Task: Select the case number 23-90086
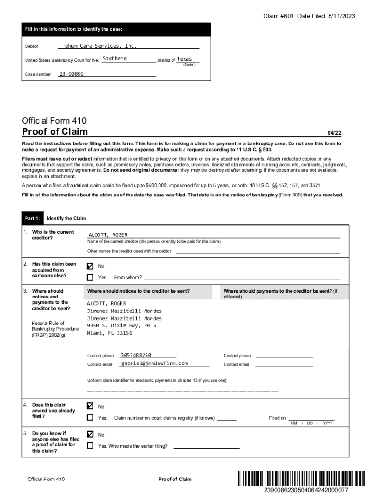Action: point(71,74)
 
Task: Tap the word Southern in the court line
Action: point(115,58)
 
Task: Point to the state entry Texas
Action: point(185,59)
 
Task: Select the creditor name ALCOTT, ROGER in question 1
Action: point(108,235)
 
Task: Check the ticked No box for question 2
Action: point(90,266)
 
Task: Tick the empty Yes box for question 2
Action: point(90,277)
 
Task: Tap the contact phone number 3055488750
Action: point(136,355)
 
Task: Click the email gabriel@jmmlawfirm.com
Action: point(155,363)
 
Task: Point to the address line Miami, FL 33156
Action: point(109,333)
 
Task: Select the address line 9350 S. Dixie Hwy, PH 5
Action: point(121,325)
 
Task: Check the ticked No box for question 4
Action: point(90,406)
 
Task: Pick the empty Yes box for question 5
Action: point(90,446)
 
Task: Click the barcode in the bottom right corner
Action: point(301,479)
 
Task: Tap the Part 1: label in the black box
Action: point(33,219)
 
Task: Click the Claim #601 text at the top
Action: point(278,16)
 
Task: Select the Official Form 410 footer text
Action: point(46,479)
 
